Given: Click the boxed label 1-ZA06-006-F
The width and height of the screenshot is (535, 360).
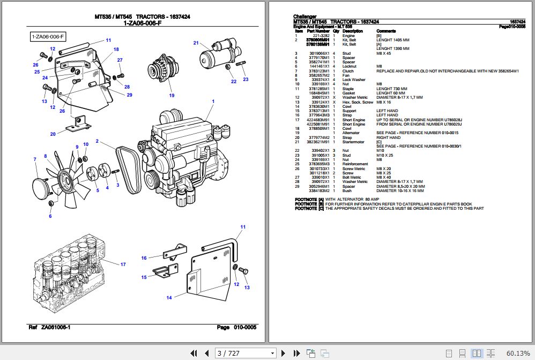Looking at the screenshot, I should [48, 36].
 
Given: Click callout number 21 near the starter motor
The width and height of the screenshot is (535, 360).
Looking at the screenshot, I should [196, 43].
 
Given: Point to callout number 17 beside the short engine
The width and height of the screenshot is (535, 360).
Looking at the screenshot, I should [123, 265].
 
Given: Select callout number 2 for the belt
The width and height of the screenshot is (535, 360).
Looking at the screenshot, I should [97, 142].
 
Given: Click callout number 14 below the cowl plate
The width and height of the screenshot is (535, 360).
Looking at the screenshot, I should [169, 297].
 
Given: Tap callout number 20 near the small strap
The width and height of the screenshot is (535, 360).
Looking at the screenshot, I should [53, 134].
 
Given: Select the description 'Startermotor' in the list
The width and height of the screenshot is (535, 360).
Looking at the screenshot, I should [353, 142].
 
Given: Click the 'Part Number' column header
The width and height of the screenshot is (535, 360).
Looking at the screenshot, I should [318, 31].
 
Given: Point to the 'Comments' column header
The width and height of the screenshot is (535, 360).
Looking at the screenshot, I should [386, 31].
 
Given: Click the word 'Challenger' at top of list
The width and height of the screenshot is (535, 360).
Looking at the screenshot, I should [305, 17].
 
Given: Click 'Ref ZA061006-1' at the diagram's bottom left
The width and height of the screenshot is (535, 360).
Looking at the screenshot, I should [49, 327].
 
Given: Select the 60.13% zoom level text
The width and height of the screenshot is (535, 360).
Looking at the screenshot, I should [517, 353].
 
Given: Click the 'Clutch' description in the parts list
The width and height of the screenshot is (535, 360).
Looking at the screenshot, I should [348, 71].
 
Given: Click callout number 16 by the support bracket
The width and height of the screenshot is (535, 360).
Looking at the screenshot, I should [144, 258].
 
